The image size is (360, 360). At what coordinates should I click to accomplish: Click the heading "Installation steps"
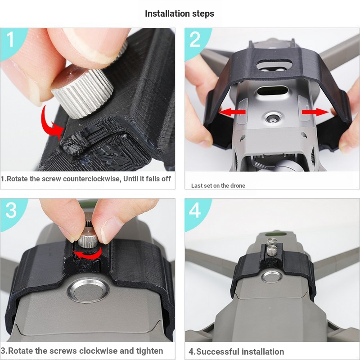coord(180,13)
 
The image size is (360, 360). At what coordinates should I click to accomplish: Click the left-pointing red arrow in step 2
coord(232,111)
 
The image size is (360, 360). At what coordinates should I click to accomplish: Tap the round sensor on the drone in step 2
coord(272,118)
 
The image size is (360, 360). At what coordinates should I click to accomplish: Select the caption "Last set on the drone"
coord(218,185)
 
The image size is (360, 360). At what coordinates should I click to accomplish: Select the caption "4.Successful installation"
coord(236,351)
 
